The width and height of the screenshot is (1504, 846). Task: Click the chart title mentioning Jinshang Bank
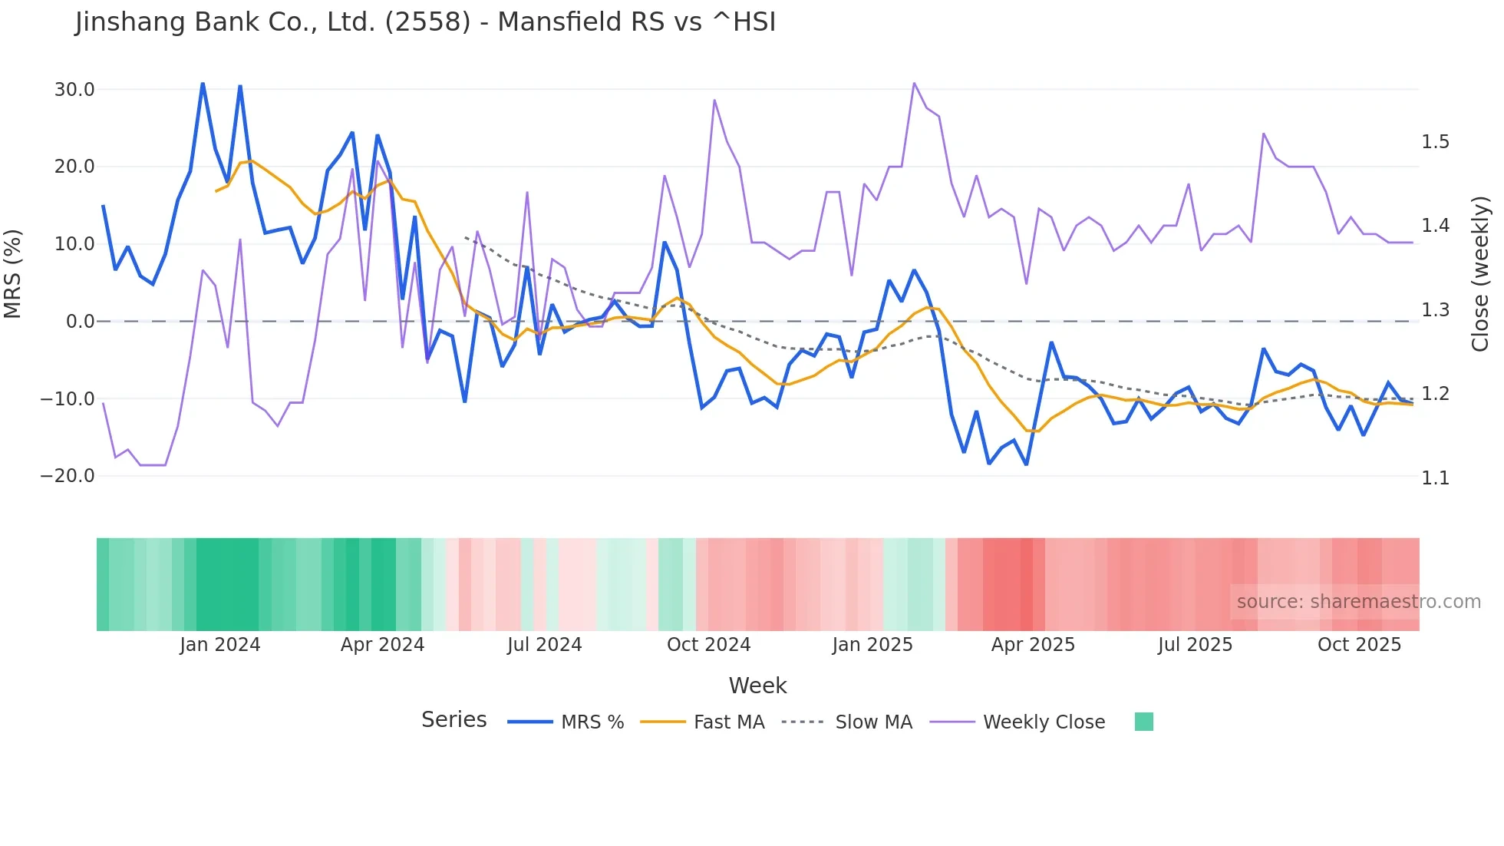pyautogui.click(x=426, y=21)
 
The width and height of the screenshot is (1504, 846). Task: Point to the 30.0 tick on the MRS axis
pyautogui.click(x=74, y=90)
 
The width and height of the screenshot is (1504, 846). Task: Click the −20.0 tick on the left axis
pyautogui.click(x=68, y=476)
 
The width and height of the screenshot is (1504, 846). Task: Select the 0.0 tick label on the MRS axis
pyautogui.click(x=80, y=322)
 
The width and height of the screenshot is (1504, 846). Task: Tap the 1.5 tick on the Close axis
pyautogui.click(x=1435, y=142)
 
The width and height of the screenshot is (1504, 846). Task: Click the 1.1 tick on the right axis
pyautogui.click(x=1435, y=478)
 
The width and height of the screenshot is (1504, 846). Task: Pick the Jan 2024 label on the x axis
pyautogui.click(x=220, y=645)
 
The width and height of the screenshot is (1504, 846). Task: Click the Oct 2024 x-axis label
pyautogui.click(x=708, y=645)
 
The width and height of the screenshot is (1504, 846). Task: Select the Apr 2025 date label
pyautogui.click(x=1033, y=645)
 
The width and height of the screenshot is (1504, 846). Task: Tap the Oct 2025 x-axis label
pyautogui.click(x=1359, y=645)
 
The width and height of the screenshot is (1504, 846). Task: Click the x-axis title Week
pyautogui.click(x=757, y=686)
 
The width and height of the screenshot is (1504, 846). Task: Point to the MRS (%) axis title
pyautogui.click(x=13, y=274)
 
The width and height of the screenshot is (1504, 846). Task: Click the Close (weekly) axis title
pyautogui.click(x=1480, y=274)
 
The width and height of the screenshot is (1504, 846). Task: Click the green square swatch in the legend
pyautogui.click(x=1143, y=722)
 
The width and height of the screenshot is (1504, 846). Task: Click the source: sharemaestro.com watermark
pyautogui.click(x=1358, y=602)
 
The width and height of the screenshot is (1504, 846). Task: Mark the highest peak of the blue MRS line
pyautogui.click(x=203, y=83)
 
